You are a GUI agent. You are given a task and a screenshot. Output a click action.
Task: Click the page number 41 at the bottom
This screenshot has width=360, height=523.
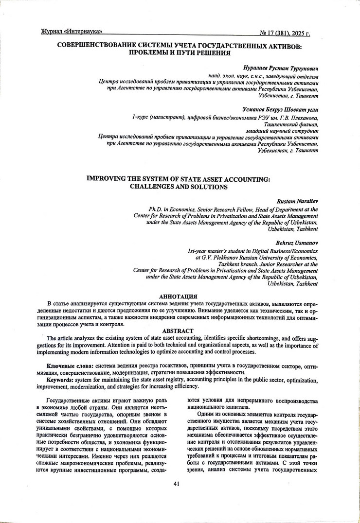pyautogui.click(x=177, y=484)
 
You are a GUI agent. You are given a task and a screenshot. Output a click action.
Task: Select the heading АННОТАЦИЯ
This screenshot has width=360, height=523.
pyautogui.click(x=179, y=296)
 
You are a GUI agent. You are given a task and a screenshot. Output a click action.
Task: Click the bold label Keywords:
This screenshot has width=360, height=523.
pyautogui.click(x=61, y=380)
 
